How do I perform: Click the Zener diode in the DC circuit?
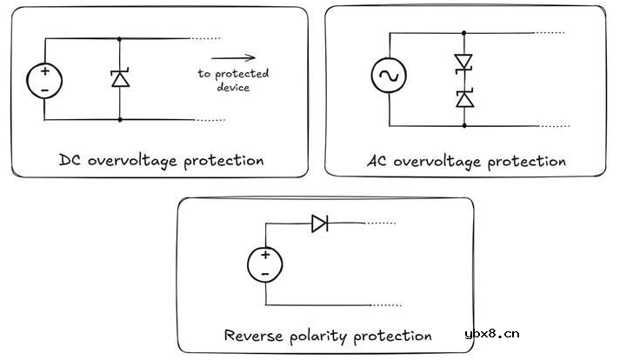(x=119, y=79)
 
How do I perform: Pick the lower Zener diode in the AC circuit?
(x=463, y=98)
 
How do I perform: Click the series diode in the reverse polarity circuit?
(x=319, y=223)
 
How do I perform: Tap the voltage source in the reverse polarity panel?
(x=264, y=263)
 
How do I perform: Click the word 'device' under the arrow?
(x=233, y=88)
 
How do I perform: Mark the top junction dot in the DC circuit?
(x=119, y=38)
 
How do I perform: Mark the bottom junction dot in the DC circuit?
(x=119, y=119)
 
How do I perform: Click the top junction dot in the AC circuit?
(x=463, y=34)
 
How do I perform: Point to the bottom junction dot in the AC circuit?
(x=463, y=126)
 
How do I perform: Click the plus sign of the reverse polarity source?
(x=264, y=255)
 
